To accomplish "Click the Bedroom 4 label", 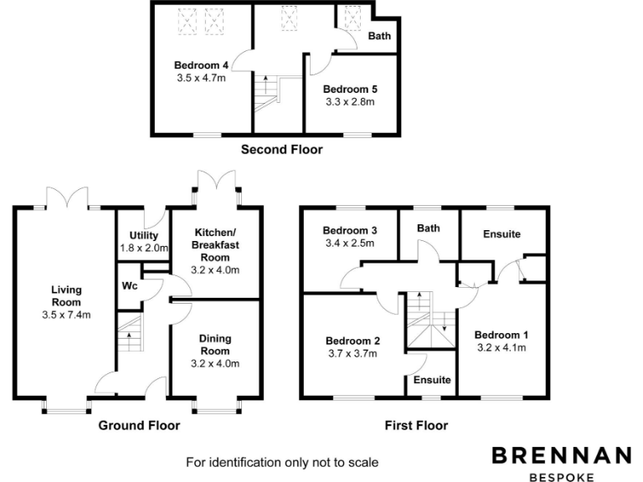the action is click(x=201, y=65).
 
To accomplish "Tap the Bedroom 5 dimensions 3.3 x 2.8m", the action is click(x=350, y=102).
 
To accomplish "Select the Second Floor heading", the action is click(x=281, y=150).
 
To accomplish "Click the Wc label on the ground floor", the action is click(x=130, y=285).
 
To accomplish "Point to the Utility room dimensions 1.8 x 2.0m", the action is click(x=144, y=248).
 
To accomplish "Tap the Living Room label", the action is click(x=66, y=296).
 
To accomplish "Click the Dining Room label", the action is click(x=215, y=345).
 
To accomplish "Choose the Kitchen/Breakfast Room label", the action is click(x=215, y=245).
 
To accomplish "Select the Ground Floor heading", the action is click(x=139, y=425).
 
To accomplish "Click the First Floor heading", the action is click(x=416, y=425).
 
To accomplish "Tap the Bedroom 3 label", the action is click(x=350, y=230).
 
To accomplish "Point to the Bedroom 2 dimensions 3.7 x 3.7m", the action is click(x=352, y=354).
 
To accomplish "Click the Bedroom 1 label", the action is click(x=502, y=335).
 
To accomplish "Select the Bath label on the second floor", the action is click(x=379, y=36).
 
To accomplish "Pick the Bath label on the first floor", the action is click(x=429, y=228).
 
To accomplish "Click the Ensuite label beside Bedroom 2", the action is click(x=432, y=380).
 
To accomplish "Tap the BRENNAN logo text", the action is click(x=562, y=455).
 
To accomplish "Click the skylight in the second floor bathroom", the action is click(x=352, y=18).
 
